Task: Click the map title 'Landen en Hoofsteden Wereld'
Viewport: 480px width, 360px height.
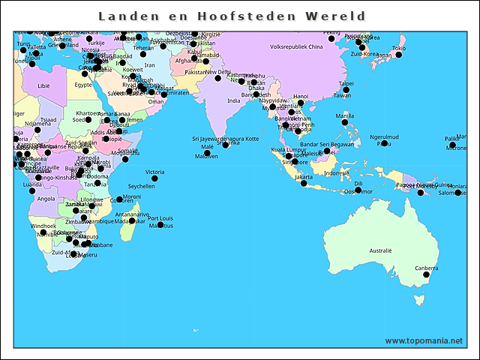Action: (232, 16)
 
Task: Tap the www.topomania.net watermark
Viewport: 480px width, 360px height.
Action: (424, 340)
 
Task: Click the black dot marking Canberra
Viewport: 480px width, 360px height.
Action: (427, 275)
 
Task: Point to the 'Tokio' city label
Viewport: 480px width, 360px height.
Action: (399, 48)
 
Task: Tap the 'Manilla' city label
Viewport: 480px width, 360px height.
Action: (345, 115)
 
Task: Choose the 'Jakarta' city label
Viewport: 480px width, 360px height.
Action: (303, 176)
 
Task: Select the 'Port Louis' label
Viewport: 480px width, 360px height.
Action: (160, 218)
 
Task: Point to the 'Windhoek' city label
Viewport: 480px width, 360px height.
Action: (43, 225)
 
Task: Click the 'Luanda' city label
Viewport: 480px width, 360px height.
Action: (33, 184)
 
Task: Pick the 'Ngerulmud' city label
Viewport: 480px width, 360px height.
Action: (385, 136)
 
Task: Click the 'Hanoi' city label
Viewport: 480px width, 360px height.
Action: (300, 96)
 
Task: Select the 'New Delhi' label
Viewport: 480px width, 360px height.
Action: (218, 72)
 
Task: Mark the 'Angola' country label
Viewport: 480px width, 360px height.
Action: (46, 199)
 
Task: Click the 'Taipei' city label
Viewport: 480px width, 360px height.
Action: (346, 84)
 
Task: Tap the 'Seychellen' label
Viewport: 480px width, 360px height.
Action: (142, 186)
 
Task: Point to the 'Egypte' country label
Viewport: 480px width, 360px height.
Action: (83, 85)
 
